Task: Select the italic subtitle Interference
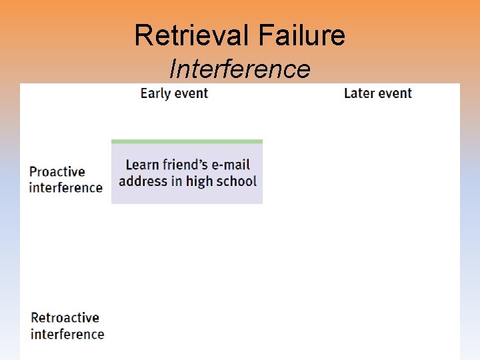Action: coord(240,69)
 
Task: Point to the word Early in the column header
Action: coord(155,93)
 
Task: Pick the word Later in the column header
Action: coord(359,93)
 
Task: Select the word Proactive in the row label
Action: coord(57,172)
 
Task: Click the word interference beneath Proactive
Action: coord(66,187)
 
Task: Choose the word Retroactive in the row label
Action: coord(65,318)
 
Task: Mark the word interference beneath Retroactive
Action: coord(67,334)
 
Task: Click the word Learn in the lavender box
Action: coord(141,165)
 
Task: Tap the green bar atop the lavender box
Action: coord(187,141)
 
